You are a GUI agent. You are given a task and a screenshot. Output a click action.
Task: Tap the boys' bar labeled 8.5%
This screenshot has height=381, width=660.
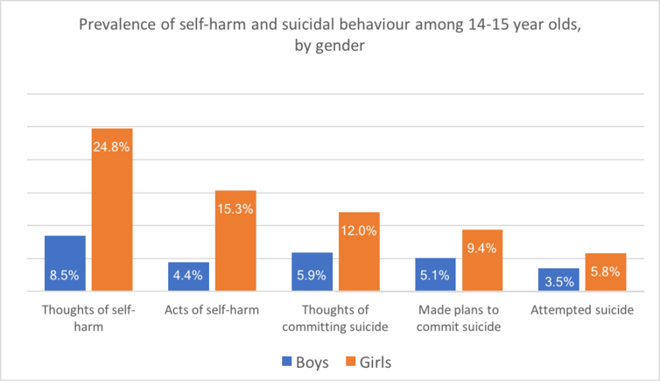(65, 264)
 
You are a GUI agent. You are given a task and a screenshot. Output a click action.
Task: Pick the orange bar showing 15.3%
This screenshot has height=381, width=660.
(235, 241)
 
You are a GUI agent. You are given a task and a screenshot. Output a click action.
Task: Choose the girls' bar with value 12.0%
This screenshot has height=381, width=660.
(359, 251)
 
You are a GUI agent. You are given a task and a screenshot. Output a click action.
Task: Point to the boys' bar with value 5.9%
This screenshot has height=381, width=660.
(312, 272)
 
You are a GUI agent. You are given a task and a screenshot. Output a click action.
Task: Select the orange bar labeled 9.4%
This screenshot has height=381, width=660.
(482, 260)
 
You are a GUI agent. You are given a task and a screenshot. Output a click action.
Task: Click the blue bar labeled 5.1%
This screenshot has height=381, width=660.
(435, 274)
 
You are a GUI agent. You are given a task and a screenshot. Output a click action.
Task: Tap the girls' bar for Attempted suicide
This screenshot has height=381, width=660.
(606, 272)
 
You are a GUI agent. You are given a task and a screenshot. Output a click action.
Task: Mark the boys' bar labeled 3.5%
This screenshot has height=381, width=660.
(558, 279)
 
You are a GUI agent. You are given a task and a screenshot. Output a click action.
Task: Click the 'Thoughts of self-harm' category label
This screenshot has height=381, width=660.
(88, 319)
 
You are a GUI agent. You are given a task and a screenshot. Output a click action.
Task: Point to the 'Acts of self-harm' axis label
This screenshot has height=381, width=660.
(211, 311)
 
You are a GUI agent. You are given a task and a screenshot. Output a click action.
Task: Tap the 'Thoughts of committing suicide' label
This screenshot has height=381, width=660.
(335, 319)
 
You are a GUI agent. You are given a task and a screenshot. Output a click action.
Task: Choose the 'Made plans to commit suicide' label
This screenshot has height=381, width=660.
(459, 319)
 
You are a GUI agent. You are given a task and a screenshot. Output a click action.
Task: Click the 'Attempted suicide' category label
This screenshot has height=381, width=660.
(582, 311)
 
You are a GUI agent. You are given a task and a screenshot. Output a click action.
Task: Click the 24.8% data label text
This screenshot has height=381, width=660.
(112, 147)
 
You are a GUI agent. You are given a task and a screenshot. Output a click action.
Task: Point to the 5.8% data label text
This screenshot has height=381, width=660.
(606, 272)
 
